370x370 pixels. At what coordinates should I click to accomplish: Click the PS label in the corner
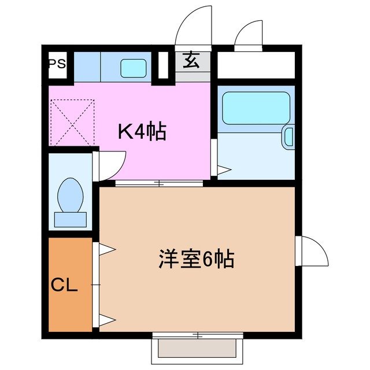[x=56, y=63]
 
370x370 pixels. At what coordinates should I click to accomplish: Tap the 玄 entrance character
[x=191, y=60]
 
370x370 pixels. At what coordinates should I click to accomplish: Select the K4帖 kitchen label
[x=142, y=132]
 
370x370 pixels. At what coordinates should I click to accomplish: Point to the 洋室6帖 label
[x=197, y=258]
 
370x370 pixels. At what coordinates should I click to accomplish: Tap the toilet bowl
[x=71, y=193]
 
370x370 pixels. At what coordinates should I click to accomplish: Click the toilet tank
[x=70, y=219]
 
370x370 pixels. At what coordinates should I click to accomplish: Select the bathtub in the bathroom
[x=256, y=108]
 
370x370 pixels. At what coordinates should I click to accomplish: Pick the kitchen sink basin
[x=134, y=68]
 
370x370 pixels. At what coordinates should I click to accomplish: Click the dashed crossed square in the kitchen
[x=72, y=122]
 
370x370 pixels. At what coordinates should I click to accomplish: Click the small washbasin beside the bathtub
[x=288, y=137]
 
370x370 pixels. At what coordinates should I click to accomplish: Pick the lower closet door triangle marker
[x=106, y=320]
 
